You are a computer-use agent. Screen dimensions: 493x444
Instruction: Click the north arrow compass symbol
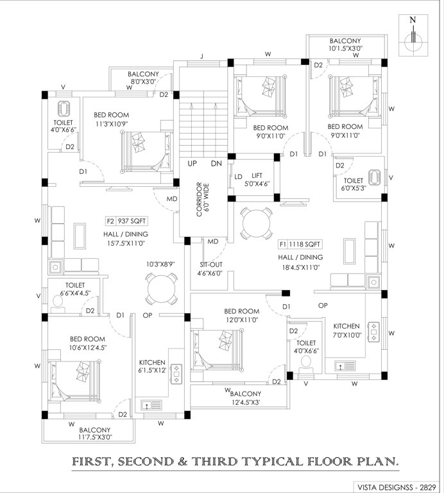coord(414,40)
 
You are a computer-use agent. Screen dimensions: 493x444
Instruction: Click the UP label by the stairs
coord(192,164)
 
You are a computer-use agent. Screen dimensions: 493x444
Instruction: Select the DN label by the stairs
coord(216,164)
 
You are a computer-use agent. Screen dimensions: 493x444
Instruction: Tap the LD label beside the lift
coord(237,177)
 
